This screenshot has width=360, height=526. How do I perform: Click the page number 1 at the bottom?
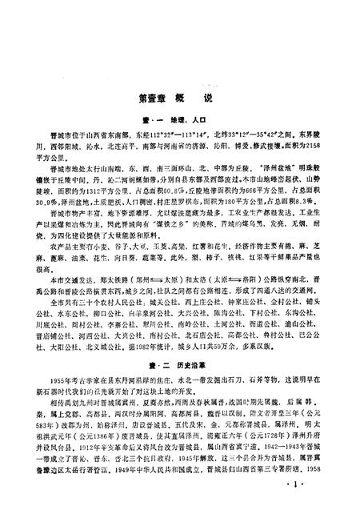pyautogui.click(x=318, y=510)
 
